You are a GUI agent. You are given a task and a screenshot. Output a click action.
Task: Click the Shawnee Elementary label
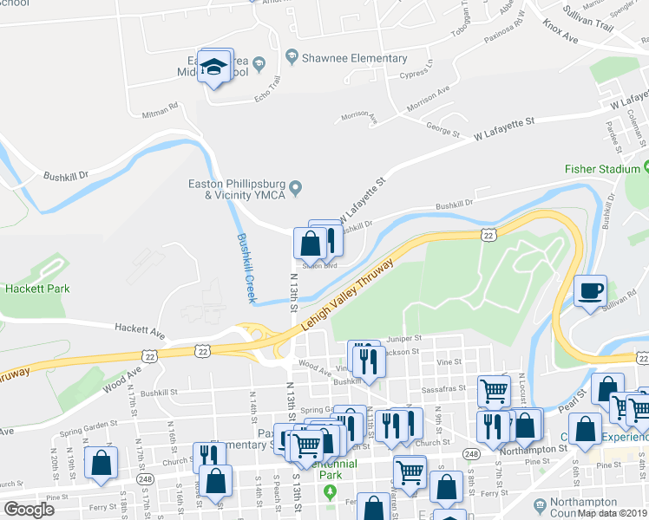354,58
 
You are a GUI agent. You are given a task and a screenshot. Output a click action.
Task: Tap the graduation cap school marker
213,66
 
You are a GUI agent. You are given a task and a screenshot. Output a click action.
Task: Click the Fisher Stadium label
601,168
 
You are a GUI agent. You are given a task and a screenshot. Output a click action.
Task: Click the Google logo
29,510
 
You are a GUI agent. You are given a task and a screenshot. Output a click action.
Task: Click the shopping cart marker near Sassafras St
493,391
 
